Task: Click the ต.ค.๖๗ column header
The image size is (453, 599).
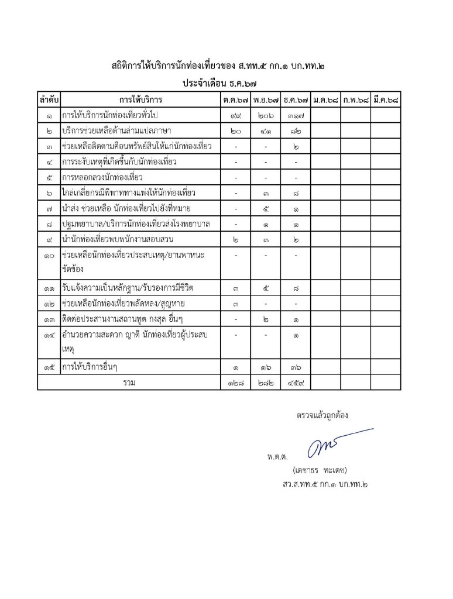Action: (236, 100)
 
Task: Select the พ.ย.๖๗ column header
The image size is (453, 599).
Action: (266, 100)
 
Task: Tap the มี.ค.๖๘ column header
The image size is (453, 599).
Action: (386, 100)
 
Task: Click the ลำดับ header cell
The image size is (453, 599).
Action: (49, 100)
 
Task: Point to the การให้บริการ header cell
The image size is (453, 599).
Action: (140, 100)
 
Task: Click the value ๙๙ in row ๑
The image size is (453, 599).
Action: (236, 115)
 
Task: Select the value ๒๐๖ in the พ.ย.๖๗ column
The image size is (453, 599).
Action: (266, 115)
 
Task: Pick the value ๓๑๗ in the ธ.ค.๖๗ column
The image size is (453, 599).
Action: (296, 115)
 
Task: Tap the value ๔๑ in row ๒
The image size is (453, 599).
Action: (266, 130)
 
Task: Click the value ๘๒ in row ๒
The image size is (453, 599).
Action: (296, 130)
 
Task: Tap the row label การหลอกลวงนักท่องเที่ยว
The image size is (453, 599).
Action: (102, 177)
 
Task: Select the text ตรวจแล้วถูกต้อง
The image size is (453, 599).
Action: (322, 416)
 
